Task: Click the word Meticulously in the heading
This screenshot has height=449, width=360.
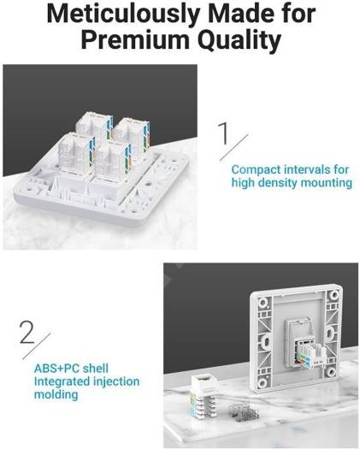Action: (x=122, y=14)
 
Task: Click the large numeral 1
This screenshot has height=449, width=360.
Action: (x=224, y=133)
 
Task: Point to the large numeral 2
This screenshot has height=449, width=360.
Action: (x=27, y=332)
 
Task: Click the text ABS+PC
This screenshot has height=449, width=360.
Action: (x=56, y=369)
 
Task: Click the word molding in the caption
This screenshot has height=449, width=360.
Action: (x=56, y=394)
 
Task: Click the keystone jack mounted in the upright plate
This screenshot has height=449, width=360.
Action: (x=304, y=345)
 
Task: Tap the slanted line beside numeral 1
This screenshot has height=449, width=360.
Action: (x=233, y=146)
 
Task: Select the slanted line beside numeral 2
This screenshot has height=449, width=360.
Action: (x=37, y=346)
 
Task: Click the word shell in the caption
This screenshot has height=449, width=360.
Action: (x=96, y=369)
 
